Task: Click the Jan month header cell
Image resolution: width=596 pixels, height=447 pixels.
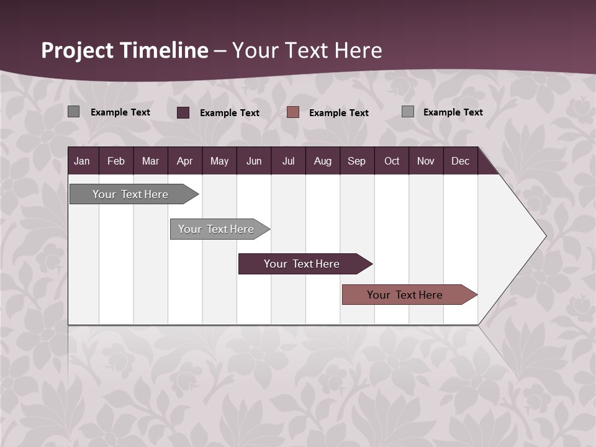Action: [x=82, y=161]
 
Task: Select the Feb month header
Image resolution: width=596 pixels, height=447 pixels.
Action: [x=116, y=161]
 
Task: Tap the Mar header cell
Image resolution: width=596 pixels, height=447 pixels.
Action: [x=150, y=161]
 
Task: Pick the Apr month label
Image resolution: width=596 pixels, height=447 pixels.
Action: [x=184, y=161]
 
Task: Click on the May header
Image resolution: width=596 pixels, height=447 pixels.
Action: [x=219, y=161]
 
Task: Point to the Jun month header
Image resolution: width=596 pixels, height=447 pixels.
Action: [x=254, y=161]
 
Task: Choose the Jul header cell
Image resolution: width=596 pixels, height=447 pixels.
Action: [x=288, y=161]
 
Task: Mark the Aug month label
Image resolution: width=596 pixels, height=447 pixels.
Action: [x=322, y=161]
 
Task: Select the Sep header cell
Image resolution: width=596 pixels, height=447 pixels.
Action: [x=356, y=161]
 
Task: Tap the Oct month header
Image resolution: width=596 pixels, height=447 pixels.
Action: [x=392, y=161]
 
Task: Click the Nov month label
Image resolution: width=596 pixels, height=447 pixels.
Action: [x=426, y=161]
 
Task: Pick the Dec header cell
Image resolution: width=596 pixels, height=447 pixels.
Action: [x=460, y=161]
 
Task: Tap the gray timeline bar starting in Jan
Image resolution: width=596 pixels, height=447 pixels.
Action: [x=131, y=194]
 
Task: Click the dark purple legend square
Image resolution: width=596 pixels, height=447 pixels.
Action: [x=183, y=112]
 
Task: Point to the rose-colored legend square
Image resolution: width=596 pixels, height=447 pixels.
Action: [x=293, y=112]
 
